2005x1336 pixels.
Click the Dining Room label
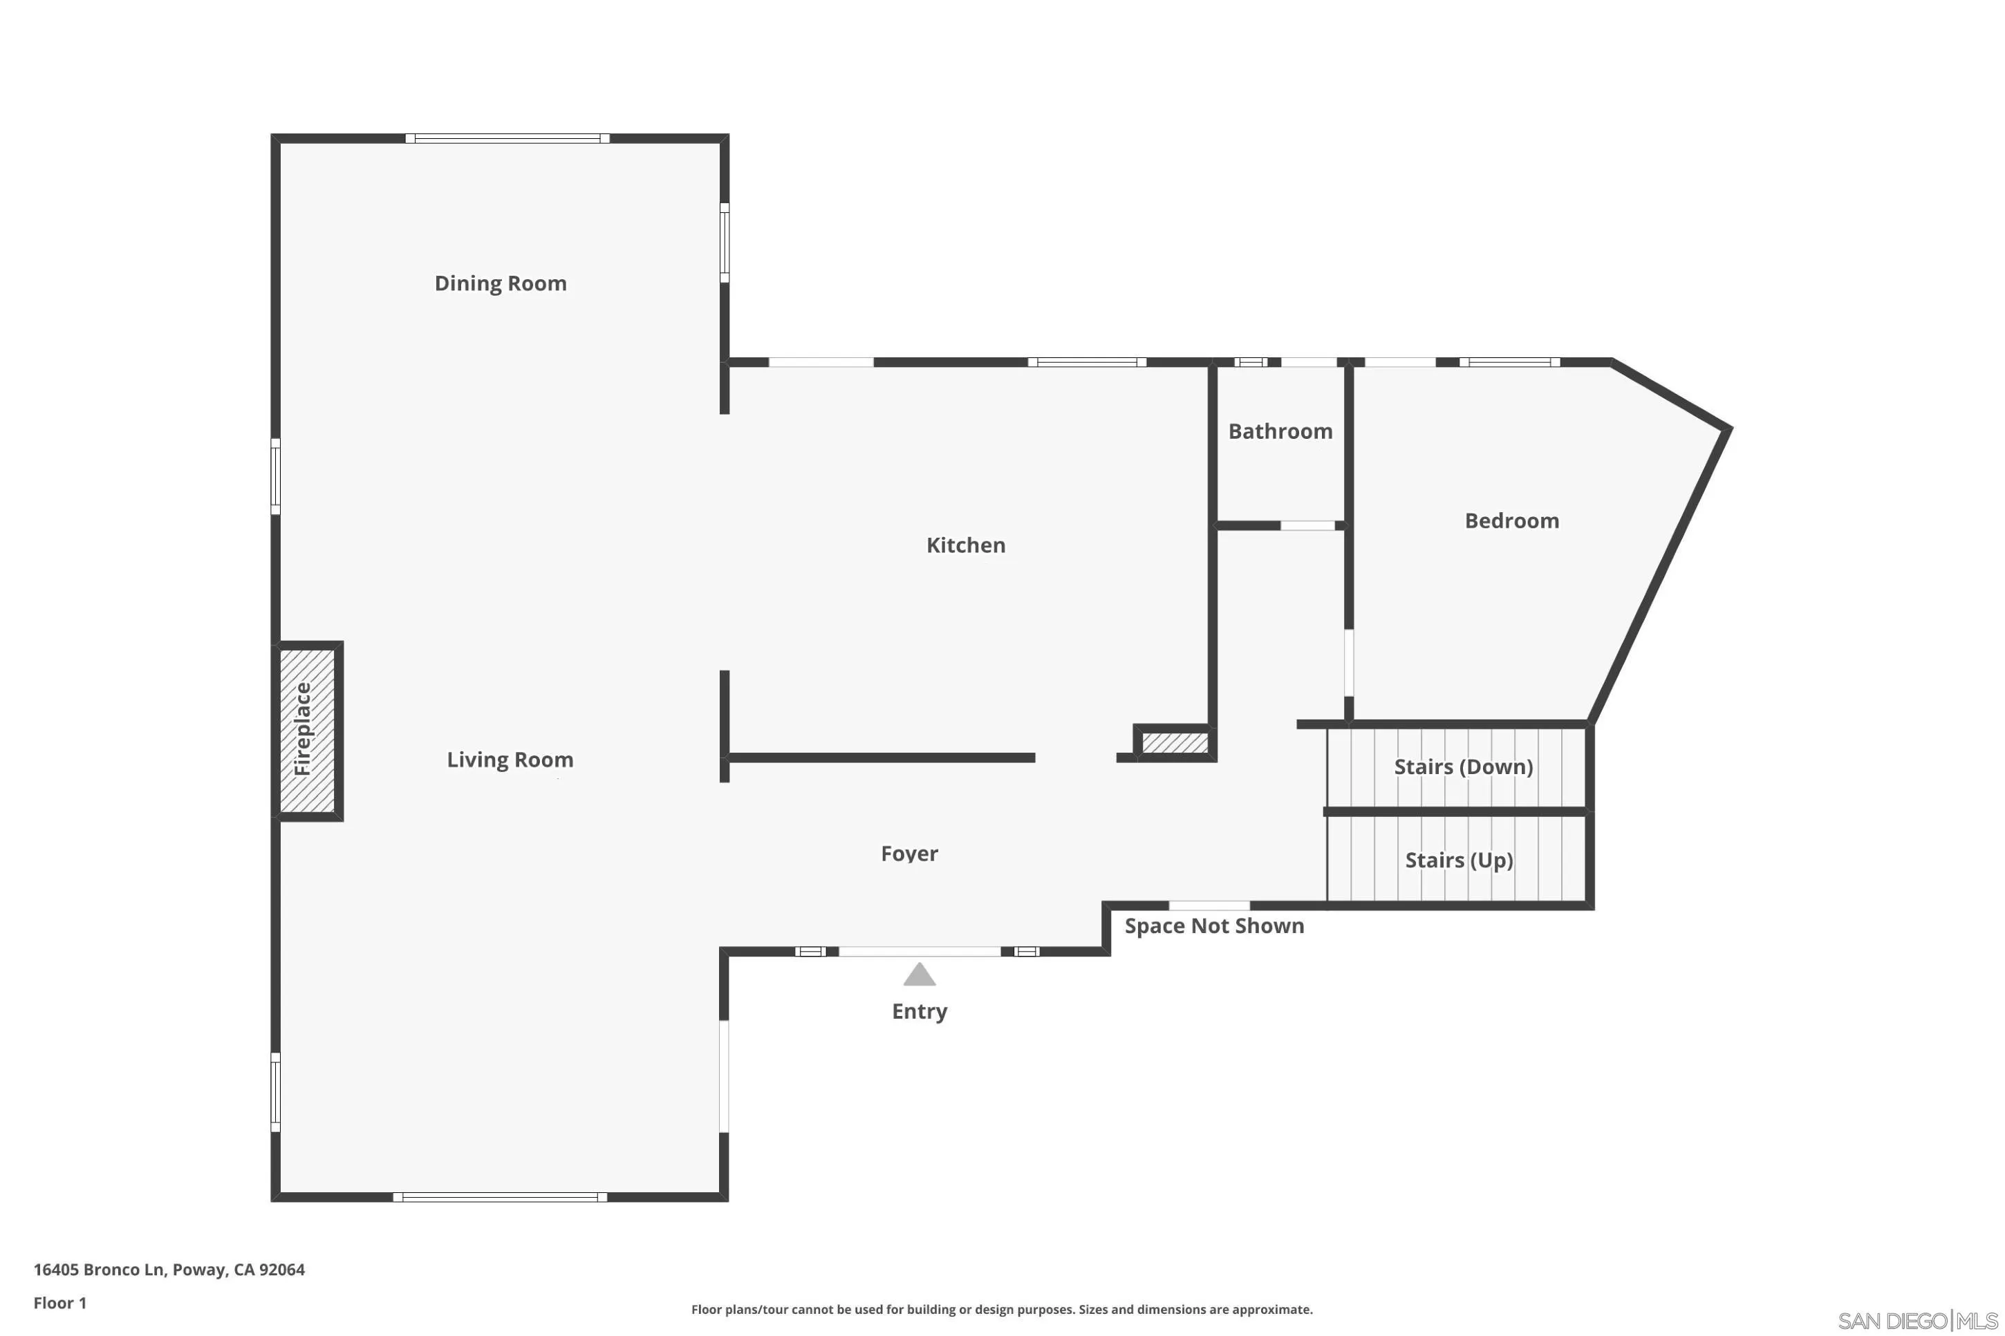500,283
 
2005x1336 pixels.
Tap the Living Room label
510,759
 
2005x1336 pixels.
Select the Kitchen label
965,545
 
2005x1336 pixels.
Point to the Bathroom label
1280,431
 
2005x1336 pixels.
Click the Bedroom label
1511,520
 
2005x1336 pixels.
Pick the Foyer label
909,853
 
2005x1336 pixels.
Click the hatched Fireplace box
307,730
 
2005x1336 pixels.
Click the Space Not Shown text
1213,926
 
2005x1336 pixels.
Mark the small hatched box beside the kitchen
1174,743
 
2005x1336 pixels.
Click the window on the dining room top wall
507,138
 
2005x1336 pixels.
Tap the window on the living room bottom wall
499,1197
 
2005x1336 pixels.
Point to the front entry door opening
919,952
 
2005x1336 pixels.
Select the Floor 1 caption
59,1303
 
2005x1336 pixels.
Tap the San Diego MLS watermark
1917,1321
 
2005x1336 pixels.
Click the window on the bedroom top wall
1509,362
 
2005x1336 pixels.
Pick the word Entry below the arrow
919,1011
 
